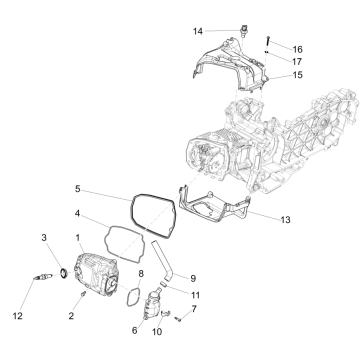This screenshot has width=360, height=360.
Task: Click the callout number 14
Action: tap(198, 31)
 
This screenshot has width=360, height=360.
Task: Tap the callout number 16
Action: tap(297, 48)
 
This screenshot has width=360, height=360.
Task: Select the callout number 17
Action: tap(297, 61)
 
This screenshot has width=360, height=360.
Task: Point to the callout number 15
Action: tap(297, 75)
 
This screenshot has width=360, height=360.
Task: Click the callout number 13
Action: tap(286, 218)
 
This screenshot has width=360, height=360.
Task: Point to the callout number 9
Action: tap(194, 278)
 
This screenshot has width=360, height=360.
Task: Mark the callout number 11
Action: tap(196, 296)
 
